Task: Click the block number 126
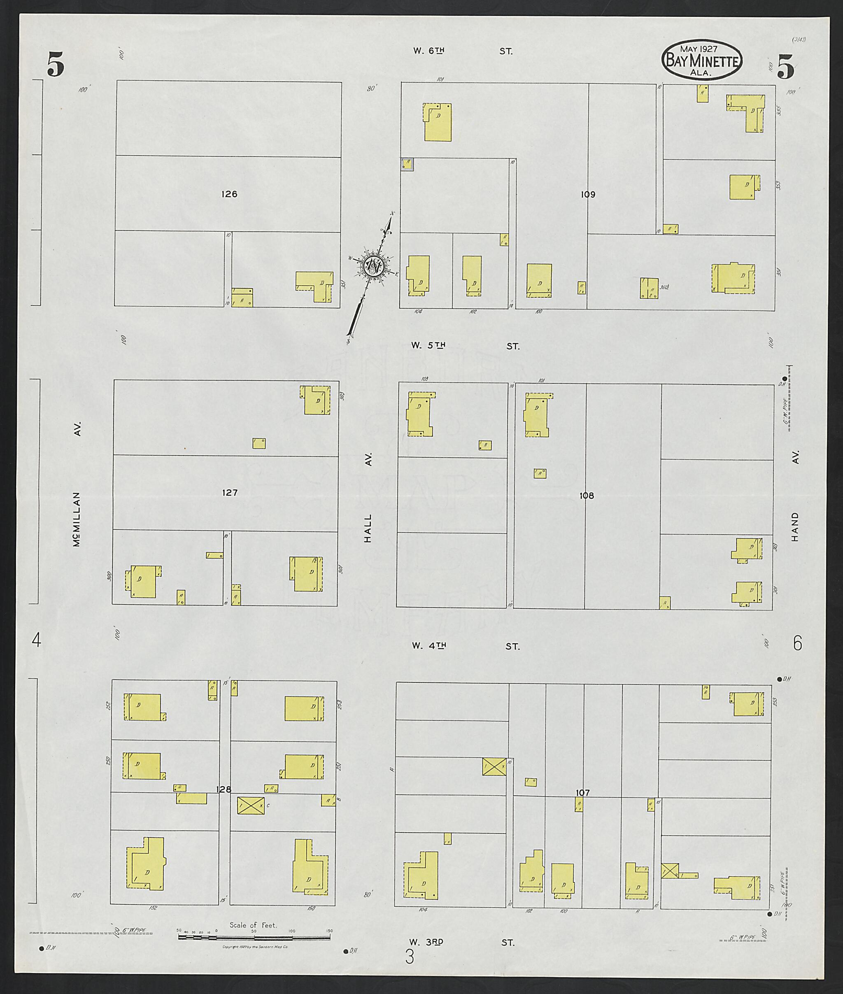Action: click(229, 194)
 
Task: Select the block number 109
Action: click(588, 195)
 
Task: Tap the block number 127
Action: click(230, 493)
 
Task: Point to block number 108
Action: click(587, 496)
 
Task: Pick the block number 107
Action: click(582, 793)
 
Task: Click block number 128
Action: click(224, 789)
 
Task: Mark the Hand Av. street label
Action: click(795, 497)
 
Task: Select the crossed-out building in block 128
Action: click(251, 805)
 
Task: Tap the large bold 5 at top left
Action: click(56, 65)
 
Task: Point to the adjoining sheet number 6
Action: click(797, 644)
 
